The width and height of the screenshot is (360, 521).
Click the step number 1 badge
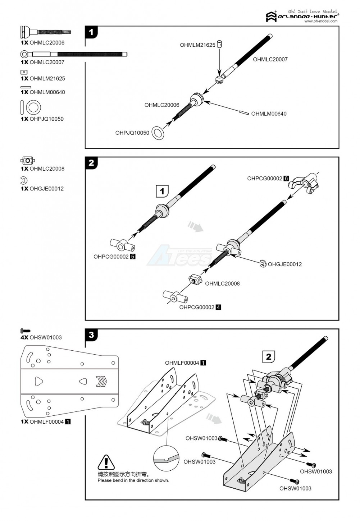[x=91, y=32]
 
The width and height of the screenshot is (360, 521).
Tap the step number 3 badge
[x=91, y=335]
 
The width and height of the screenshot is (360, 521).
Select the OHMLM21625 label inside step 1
[x=197, y=45]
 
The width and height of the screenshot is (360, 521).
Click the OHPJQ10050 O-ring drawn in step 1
[x=158, y=133]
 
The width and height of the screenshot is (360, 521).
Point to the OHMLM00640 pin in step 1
[x=243, y=113]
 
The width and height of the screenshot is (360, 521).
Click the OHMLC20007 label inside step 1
[x=270, y=60]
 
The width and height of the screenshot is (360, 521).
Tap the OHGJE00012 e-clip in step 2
[x=263, y=264]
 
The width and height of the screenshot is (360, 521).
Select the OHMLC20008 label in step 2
[x=222, y=283]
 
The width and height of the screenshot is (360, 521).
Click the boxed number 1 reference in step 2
[x=162, y=191]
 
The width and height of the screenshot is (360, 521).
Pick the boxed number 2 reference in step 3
[x=269, y=357]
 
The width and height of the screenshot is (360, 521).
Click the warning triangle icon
[x=106, y=462]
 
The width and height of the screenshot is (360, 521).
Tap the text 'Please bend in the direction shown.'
[x=133, y=480]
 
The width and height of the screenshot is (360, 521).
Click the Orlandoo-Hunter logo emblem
[x=271, y=17]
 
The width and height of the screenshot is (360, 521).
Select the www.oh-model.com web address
[x=321, y=21]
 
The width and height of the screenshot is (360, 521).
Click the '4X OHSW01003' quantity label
[x=41, y=337]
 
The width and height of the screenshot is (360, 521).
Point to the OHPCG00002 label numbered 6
[x=268, y=178]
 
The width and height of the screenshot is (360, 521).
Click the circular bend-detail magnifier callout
[x=167, y=458]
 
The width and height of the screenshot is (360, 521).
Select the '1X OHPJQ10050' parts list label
[x=42, y=119]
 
